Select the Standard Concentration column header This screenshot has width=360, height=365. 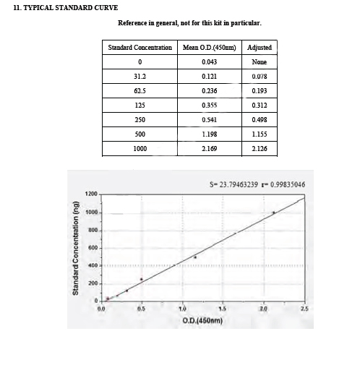coord(140,48)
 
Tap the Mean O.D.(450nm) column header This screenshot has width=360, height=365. coord(209,48)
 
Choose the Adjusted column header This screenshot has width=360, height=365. coord(260,48)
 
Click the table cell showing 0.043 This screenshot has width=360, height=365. coord(209,62)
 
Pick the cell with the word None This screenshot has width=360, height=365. coord(260,62)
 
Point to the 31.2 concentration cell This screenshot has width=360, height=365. coord(140,77)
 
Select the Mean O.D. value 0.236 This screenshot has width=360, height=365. coord(209,91)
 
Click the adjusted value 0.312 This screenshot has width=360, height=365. coord(260,106)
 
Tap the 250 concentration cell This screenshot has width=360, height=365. coord(140,120)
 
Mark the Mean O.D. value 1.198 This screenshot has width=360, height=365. coord(209,134)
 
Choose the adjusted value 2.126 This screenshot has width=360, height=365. coord(260,149)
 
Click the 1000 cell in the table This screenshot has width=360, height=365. coord(140,149)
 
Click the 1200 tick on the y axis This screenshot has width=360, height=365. coord(92,194)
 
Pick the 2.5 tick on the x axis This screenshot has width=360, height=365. coord(304,309)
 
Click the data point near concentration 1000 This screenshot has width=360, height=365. coord(274,212)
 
